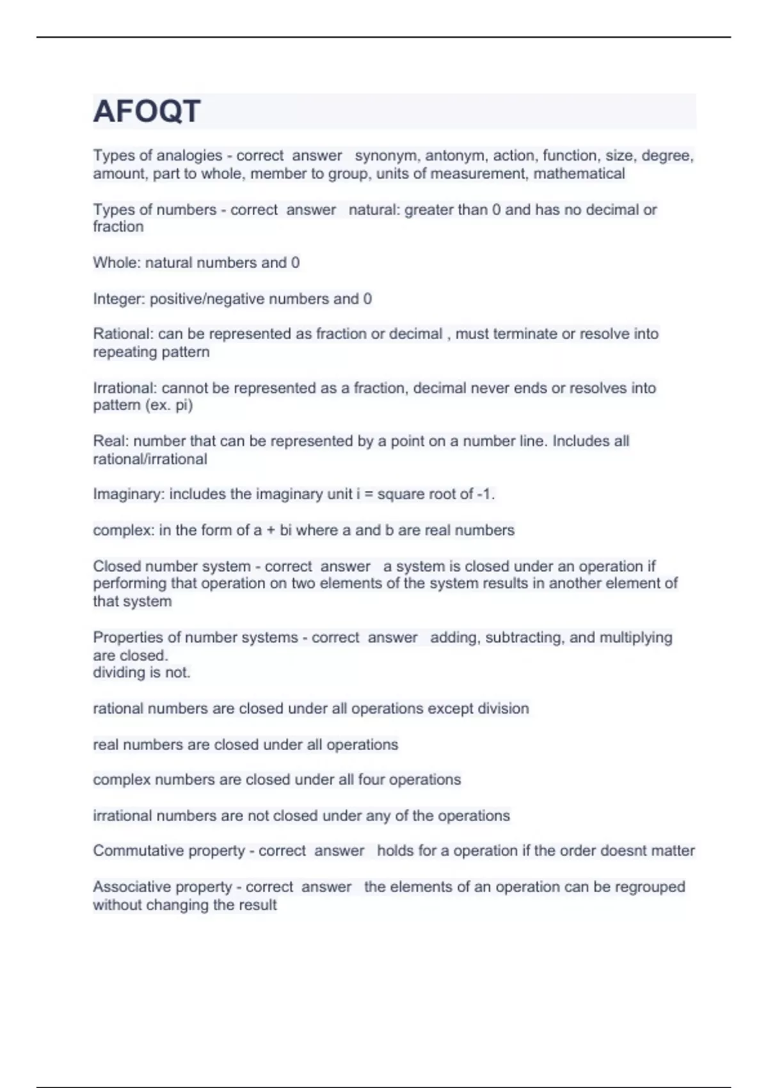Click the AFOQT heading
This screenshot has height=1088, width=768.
(147, 111)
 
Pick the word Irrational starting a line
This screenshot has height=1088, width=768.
(125, 388)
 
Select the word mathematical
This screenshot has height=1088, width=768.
(579, 173)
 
